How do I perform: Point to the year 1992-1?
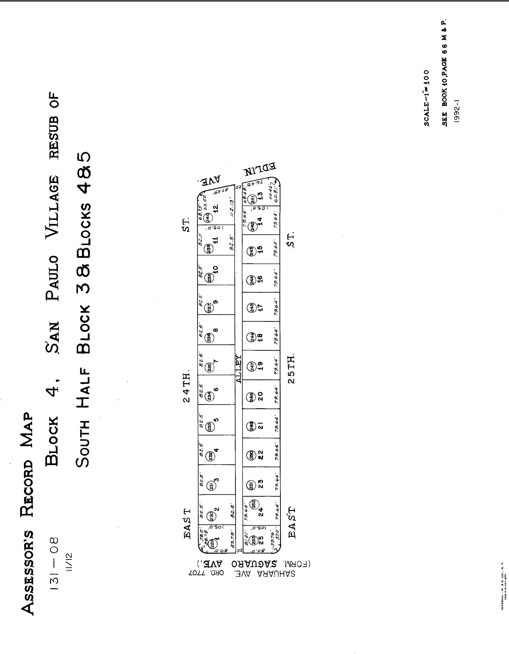tap(457, 111)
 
